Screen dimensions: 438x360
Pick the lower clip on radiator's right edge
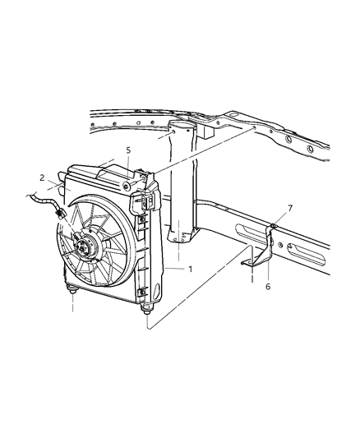[x=145, y=292]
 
